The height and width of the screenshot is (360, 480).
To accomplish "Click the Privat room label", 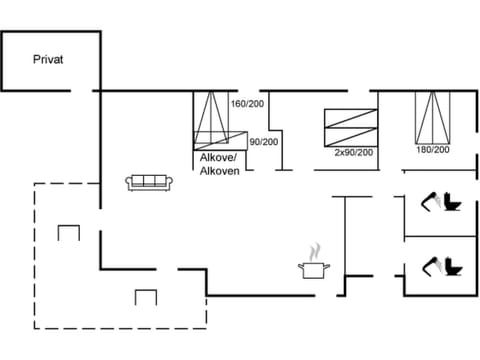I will pos(47,60).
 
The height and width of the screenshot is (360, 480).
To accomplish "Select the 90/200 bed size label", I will pos(263,142).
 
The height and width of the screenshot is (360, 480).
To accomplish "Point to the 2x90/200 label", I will pos(353,152).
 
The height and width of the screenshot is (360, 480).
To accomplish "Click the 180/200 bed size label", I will pos(433,149).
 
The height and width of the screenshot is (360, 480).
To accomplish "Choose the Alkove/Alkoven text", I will pos(218,165).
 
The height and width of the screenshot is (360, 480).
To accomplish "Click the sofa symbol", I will pos(150,181).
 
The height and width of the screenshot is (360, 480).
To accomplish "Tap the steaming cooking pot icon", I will pos(314,267).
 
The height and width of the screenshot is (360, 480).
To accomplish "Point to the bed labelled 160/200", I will pos(211,118).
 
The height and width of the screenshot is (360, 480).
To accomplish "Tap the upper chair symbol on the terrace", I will pos(68,233).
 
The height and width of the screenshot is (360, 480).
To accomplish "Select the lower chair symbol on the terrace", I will pos(146,296).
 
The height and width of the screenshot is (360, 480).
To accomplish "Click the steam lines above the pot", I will pos(316,249).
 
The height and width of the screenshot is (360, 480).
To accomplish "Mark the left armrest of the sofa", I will pos(129,182).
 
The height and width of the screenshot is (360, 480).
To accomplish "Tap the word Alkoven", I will pos(218,172).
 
